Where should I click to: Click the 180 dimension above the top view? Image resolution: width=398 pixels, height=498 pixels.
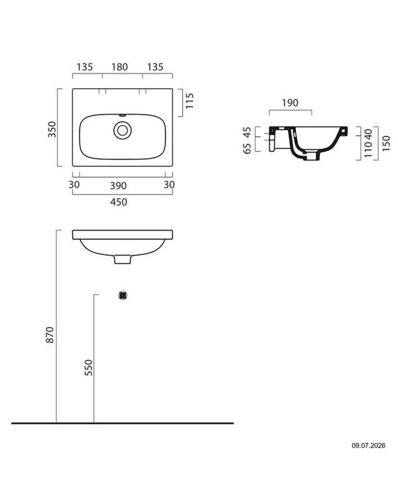[x=119, y=67]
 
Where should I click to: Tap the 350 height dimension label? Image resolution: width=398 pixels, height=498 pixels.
[x=52, y=129]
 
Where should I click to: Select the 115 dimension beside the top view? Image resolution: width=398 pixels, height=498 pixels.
[x=189, y=101]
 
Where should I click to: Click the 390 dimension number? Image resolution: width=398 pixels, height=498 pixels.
[x=118, y=185]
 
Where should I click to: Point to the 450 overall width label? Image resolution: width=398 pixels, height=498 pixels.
[x=118, y=202]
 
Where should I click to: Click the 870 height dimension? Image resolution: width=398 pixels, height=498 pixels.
[x=50, y=334]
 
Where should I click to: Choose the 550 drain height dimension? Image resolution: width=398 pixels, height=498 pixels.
[x=89, y=368]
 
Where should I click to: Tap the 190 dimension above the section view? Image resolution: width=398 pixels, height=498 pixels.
[x=290, y=103]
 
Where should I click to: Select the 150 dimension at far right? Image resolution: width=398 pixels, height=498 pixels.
[x=386, y=143]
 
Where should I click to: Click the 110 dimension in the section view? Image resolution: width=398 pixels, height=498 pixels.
[x=368, y=150]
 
